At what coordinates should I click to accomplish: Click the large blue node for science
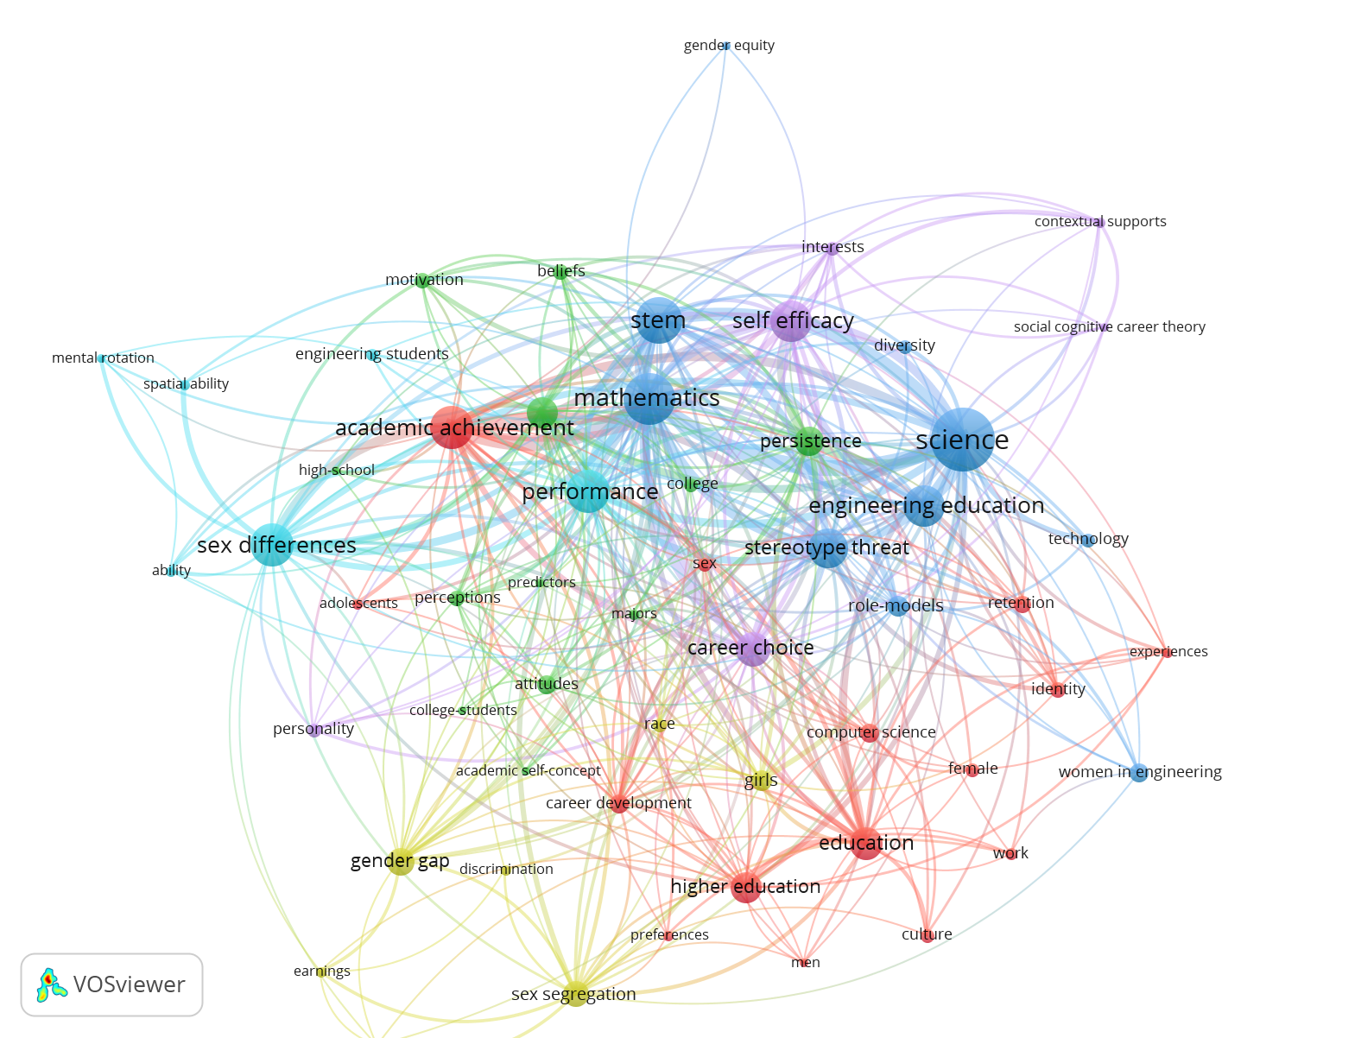coord(962,440)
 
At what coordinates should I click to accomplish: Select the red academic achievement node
coord(452,427)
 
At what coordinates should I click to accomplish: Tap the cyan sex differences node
coord(271,544)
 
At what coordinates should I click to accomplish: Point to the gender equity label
coord(729,45)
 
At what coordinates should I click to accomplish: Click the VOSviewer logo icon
coord(52,984)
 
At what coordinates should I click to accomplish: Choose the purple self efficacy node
coord(790,320)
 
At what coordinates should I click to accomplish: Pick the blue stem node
coord(658,320)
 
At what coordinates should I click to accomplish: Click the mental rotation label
coord(103,358)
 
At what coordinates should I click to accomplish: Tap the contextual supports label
coord(1100,221)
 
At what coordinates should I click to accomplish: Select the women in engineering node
coord(1138,773)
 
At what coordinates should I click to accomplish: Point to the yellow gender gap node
coord(401,861)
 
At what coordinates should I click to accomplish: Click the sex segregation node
coord(575,993)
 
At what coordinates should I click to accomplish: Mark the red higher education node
coord(746,888)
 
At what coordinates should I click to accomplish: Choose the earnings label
coord(322,971)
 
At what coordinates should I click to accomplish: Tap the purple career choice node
coord(752,649)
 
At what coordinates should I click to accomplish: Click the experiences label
coord(1168,652)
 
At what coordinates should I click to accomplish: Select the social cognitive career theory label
coord(1109,326)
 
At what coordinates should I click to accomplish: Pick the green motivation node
coord(422,281)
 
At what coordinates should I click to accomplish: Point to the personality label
coord(313,729)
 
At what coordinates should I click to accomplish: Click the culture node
coord(927,936)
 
